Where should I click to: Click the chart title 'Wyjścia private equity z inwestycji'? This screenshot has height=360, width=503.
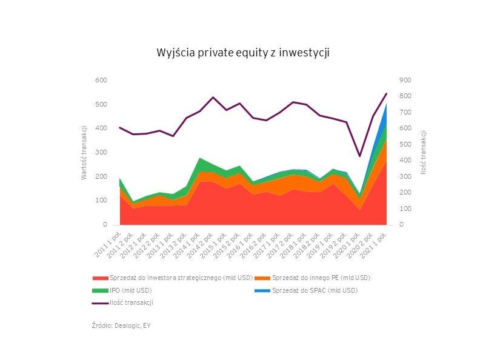point(242,53)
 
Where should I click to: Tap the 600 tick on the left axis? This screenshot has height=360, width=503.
point(100,80)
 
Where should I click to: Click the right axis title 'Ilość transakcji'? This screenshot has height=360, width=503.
point(423,152)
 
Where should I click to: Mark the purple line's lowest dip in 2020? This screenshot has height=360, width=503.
point(359,156)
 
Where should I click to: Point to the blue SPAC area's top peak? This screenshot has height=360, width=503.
point(387,104)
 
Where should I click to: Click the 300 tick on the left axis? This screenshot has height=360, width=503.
point(100,152)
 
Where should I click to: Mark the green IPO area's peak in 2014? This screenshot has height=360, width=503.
point(200,159)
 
